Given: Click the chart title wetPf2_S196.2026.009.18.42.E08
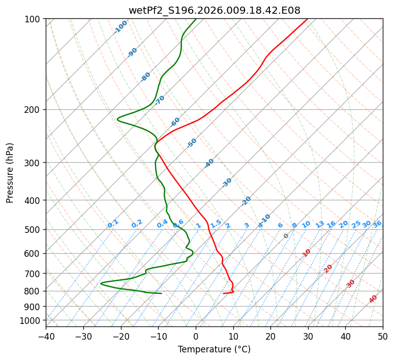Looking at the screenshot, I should tap(214, 10).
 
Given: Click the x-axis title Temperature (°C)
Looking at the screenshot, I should tap(214, 349).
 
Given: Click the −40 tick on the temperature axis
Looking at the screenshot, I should tap(46, 336).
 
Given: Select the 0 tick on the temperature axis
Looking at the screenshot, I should tap(196, 336).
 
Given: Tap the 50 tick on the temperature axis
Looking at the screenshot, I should tap(383, 336).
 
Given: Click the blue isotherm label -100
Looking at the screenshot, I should tap(120, 27).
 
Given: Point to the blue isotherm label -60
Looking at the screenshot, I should tap(175, 122).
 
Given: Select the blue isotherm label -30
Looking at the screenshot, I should tap(227, 183).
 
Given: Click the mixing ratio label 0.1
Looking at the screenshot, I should tap(113, 224).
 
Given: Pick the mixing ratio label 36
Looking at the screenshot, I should tap(377, 224).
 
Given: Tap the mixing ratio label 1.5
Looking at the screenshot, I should tap(216, 224).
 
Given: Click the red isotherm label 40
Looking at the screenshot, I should tap(373, 299).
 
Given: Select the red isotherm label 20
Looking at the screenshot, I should tap(328, 268).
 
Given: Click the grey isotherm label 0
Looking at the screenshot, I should tap(286, 236).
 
